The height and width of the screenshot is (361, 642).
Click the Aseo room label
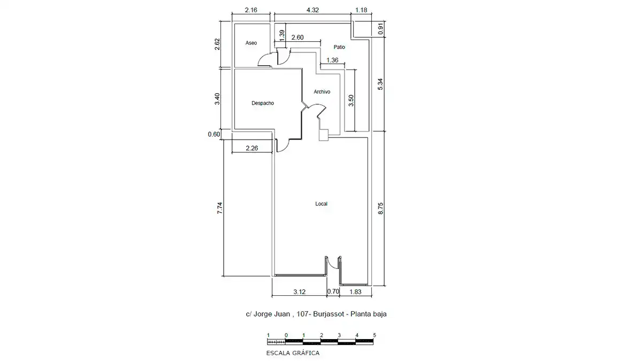pyautogui.click(x=251, y=43)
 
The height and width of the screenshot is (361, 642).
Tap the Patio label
pyautogui.click(x=339, y=47)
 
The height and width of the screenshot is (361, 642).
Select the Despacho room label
pyautogui.click(x=263, y=103)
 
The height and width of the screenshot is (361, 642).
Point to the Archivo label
pyautogui.click(x=322, y=91)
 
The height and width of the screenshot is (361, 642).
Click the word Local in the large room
pyautogui.click(x=322, y=204)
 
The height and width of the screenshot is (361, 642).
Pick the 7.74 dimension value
pyautogui.click(x=219, y=208)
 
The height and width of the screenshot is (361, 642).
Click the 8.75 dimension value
pyautogui.click(x=380, y=208)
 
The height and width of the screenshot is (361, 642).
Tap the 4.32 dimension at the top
pyautogui.click(x=312, y=10)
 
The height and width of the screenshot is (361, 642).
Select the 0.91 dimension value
pyautogui.click(x=380, y=29)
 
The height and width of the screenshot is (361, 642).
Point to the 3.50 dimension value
pyautogui.click(x=351, y=101)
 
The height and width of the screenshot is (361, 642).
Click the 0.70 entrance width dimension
pyautogui.click(x=333, y=291)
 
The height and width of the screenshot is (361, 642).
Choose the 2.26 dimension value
pyautogui.click(x=252, y=148)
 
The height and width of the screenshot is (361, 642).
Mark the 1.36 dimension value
pyautogui.click(x=332, y=60)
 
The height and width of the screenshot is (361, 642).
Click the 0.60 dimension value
pyautogui.click(x=214, y=134)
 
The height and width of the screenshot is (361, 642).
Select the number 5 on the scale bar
pyautogui.click(x=374, y=335)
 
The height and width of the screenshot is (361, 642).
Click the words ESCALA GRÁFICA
pyautogui.click(x=293, y=353)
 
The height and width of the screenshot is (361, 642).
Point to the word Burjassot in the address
pyautogui.click(x=328, y=314)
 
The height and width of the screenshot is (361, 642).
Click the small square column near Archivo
pyautogui.click(x=324, y=135)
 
